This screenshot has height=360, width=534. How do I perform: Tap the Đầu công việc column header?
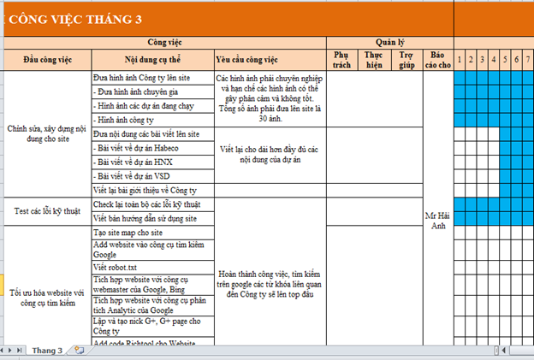coord(47,59)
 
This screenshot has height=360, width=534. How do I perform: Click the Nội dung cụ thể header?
coord(152,59)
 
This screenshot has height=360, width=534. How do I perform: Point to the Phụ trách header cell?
coord(341,59)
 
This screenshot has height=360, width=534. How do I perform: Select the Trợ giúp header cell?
coord(407,59)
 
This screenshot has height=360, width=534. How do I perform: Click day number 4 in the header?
coord(495,59)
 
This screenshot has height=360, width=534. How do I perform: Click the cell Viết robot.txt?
coord(116,267)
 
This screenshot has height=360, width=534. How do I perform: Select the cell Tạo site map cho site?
coord(128,233)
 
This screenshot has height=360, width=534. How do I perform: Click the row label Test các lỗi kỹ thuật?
coord(47,210)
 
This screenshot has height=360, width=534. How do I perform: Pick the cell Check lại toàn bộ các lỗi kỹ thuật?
coord(146,204)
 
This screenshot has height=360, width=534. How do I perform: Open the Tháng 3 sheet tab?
coord(48,351)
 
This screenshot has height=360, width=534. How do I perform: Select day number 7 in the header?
coord(529,59)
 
